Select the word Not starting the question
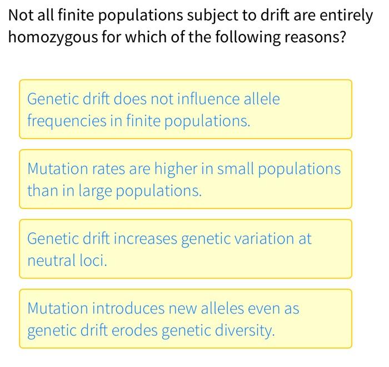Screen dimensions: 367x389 pyautogui.click(x=22, y=16)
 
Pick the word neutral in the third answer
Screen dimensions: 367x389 pyautogui.click(x=50, y=260)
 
